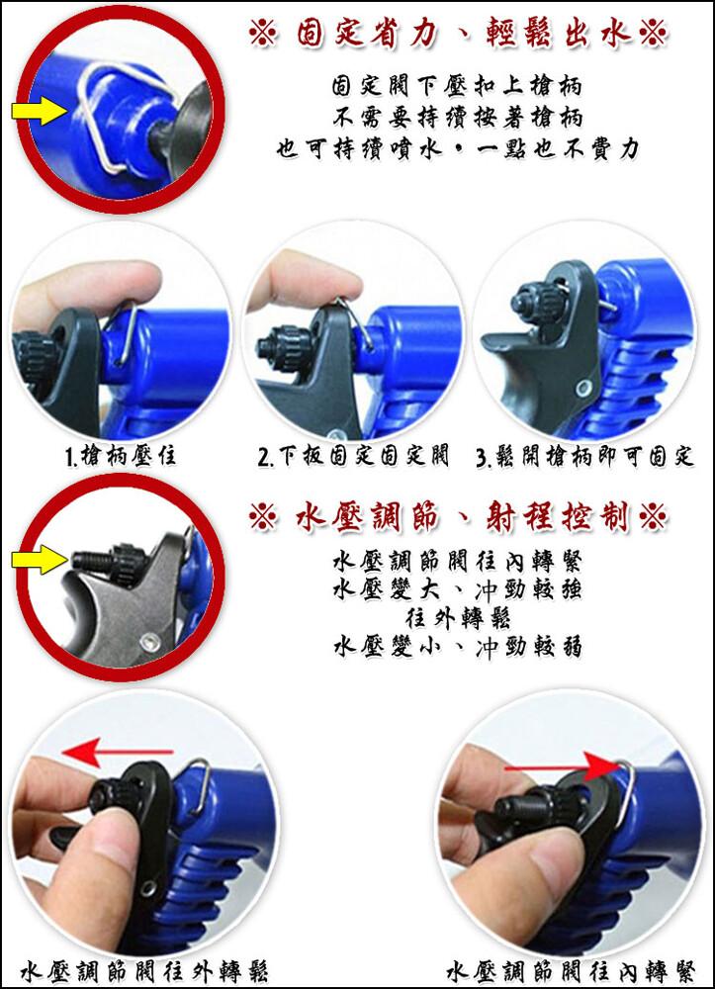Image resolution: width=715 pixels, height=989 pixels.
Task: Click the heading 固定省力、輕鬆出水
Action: pos(459,34)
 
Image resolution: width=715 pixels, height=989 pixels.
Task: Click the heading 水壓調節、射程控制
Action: pos(459,518)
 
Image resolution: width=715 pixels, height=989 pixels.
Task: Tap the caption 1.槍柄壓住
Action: pos(121,455)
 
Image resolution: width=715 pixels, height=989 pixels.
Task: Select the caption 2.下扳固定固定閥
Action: pos(353,455)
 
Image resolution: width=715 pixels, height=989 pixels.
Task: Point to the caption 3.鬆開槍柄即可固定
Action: pos(585,456)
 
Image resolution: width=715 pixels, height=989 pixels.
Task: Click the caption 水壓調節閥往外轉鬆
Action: pos(144,971)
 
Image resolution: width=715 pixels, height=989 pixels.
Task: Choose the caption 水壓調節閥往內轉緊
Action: pos(572,971)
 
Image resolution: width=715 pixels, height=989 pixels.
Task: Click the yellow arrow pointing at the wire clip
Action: pos(40,112)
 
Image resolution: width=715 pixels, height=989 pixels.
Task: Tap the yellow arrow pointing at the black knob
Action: pos(40,559)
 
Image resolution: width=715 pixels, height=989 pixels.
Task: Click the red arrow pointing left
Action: pos(118,752)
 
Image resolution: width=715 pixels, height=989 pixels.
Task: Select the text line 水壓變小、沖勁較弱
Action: pos(458,647)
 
